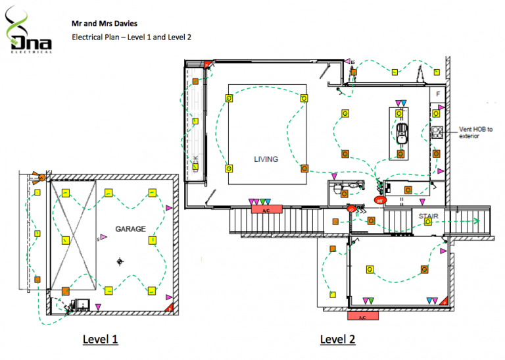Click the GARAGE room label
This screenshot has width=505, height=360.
pos(130,229)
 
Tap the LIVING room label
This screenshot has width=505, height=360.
pos(266,159)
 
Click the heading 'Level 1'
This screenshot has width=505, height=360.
pos(100,340)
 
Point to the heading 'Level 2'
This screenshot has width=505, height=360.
pos(337,340)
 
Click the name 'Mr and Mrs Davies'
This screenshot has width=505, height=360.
pos(105,23)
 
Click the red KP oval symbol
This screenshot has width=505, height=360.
pos(352,210)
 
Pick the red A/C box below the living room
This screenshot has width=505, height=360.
pos(266,209)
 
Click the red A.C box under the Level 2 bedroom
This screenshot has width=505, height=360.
pos(362,317)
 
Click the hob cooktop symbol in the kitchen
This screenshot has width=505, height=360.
pos(437,133)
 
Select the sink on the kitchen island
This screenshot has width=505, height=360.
pos(401,132)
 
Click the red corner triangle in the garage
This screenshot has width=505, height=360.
pos(170,307)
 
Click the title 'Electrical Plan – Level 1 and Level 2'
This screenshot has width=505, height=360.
pos(132,38)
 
